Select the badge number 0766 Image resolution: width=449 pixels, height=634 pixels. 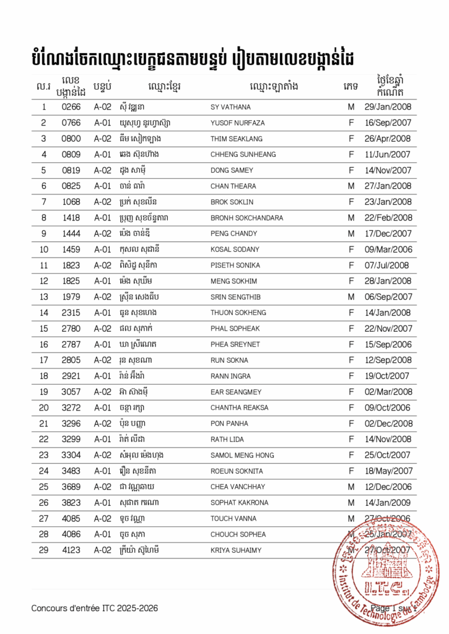(x=71, y=123)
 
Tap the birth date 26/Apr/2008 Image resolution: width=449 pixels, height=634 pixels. (x=388, y=139)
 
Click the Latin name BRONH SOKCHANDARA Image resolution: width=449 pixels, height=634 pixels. (x=246, y=218)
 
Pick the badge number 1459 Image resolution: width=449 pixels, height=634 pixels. (x=71, y=250)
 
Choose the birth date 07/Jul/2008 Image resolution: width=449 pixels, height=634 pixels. (x=388, y=265)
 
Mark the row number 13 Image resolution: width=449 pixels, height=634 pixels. (x=44, y=297)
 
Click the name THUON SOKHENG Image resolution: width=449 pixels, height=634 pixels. (x=238, y=313)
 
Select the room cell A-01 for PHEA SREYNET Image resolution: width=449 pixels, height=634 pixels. (x=102, y=344)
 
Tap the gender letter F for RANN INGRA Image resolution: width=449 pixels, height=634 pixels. (x=351, y=376)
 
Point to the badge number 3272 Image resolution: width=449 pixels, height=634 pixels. (x=71, y=407)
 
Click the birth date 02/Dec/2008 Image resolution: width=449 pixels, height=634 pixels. (x=388, y=423)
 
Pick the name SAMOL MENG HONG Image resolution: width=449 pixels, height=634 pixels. (x=242, y=455)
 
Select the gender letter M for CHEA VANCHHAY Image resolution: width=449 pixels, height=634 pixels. (x=351, y=487)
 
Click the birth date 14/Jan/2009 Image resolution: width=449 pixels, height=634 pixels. (x=388, y=503)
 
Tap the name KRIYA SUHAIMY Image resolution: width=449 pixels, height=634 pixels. (x=236, y=550)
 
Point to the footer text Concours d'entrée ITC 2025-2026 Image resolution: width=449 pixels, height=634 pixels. (x=95, y=608)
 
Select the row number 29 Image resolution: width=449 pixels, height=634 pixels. (x=44, y=550)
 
